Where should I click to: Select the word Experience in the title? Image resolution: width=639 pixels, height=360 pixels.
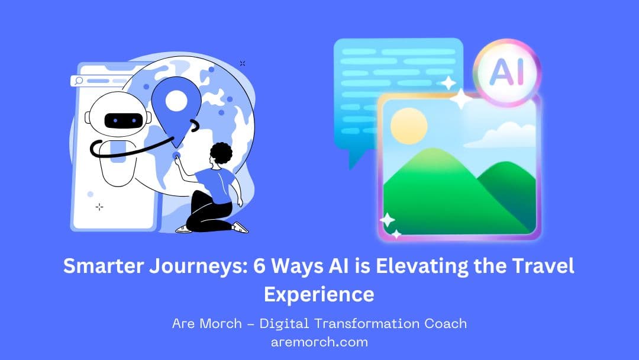click(319, 294)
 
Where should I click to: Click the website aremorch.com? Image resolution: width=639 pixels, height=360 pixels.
click(319, 342)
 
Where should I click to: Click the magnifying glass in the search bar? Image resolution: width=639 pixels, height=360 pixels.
click(78, 82)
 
